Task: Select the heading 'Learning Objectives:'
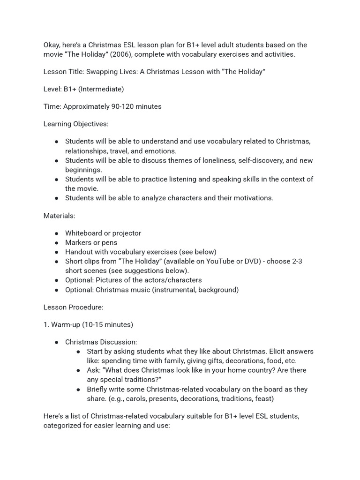point(75,124)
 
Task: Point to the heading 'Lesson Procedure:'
point(73,307)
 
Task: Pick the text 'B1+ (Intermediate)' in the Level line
point(94,89)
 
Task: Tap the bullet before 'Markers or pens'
point(57,243)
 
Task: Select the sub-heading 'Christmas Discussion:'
point(101,343)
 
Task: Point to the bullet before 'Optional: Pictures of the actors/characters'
point(57,280)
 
